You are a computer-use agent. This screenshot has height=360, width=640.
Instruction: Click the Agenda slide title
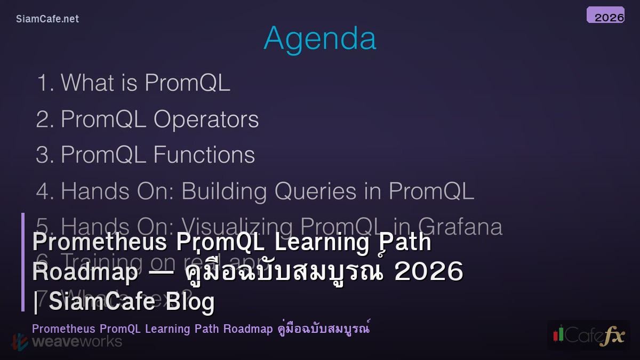pos(320,38)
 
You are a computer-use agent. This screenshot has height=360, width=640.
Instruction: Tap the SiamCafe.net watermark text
pos(47,19)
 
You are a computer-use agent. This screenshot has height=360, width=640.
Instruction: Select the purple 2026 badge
pos(606,15)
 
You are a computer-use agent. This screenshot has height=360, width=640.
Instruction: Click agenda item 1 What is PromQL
pos(133,83)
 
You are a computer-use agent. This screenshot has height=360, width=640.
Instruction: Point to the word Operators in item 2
pos(206,119)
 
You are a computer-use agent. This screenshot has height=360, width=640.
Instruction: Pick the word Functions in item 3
pos(204,155)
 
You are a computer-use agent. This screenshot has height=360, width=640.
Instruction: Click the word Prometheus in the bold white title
pos(99,242)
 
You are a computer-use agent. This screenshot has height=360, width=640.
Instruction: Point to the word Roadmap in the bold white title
pos(85,272)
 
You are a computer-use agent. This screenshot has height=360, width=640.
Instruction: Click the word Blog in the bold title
pos(190,301)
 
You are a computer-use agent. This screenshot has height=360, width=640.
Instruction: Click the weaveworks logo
pos(67,341)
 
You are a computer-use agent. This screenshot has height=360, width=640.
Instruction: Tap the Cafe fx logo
pos(589,335)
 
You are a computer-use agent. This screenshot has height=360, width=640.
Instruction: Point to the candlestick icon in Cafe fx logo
pos(558,334)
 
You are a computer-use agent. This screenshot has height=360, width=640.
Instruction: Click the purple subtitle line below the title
pos(201,329)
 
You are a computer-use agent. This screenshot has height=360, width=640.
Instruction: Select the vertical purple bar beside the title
pos(23,262)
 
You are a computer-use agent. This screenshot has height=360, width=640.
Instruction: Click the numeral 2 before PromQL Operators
pos(42,119)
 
